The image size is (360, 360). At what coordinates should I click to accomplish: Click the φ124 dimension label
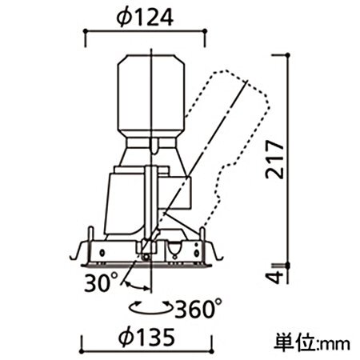(145, 18)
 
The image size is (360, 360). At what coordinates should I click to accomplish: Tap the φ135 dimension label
(147, 337)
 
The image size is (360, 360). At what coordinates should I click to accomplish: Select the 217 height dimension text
(274, 159)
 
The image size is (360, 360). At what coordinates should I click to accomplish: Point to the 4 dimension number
(275, 278)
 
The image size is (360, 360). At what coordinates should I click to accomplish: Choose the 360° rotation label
(198, 309)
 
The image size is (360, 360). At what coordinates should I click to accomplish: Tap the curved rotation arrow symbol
(150, 307)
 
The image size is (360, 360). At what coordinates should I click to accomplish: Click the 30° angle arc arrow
(136, 286)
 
